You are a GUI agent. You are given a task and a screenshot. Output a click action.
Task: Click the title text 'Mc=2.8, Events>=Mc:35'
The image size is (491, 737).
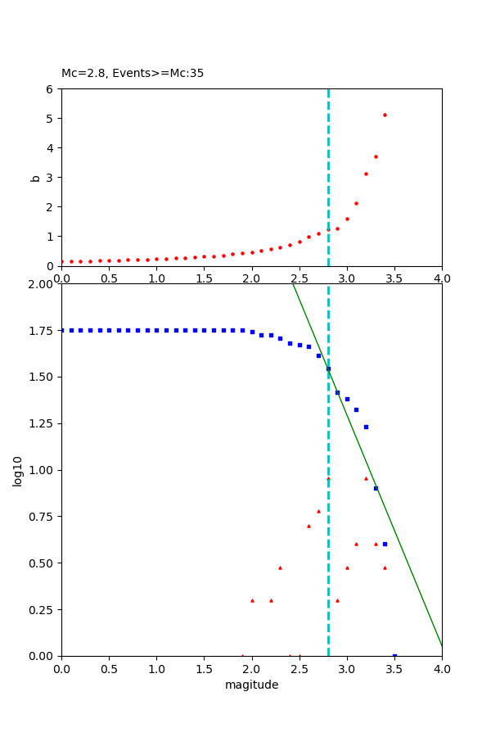tap(133, 74)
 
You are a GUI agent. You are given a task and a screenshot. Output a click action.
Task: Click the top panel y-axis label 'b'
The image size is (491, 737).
tap(35, 177)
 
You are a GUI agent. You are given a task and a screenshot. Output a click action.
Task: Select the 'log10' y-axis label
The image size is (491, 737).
tap(18, 471)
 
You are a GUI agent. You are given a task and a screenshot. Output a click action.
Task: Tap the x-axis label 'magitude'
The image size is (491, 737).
tap(251, 685)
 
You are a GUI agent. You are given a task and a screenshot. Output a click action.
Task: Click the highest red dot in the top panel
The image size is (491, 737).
tap(385, 115)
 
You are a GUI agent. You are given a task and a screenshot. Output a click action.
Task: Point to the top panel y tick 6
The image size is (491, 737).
tap(50, 89)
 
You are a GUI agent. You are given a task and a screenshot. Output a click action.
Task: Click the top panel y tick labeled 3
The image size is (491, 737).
tap(50, 178)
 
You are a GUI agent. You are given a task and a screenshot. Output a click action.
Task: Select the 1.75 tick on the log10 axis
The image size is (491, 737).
tap(40, 330)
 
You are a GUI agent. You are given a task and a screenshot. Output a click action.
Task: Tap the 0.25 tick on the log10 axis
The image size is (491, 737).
tap(40, 609)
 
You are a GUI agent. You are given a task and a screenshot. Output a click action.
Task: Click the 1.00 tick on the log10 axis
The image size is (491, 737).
tap(40, 470)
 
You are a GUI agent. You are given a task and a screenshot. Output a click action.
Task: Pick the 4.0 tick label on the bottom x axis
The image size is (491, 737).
tap(442, 668)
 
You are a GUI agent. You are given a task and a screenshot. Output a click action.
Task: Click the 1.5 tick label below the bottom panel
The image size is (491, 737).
tap(204, 668)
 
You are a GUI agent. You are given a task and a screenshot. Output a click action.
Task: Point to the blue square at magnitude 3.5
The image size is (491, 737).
tap(394, 656)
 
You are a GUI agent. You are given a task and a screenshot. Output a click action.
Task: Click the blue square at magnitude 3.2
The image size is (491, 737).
tap(366, 427)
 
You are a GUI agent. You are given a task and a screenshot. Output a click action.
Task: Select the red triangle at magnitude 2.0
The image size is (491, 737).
tap(252, 600)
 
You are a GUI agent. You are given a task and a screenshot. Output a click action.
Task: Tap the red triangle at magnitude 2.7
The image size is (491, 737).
tap(318, 511)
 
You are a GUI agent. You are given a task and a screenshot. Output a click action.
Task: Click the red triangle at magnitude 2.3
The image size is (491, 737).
tap(280, 567)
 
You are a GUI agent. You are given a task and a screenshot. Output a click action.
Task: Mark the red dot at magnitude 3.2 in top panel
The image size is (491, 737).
tap(366, 174)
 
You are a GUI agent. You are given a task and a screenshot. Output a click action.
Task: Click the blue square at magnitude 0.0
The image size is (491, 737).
tap(62, 330)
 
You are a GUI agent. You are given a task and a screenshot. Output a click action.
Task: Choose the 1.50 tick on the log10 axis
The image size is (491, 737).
tap(40, 377)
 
